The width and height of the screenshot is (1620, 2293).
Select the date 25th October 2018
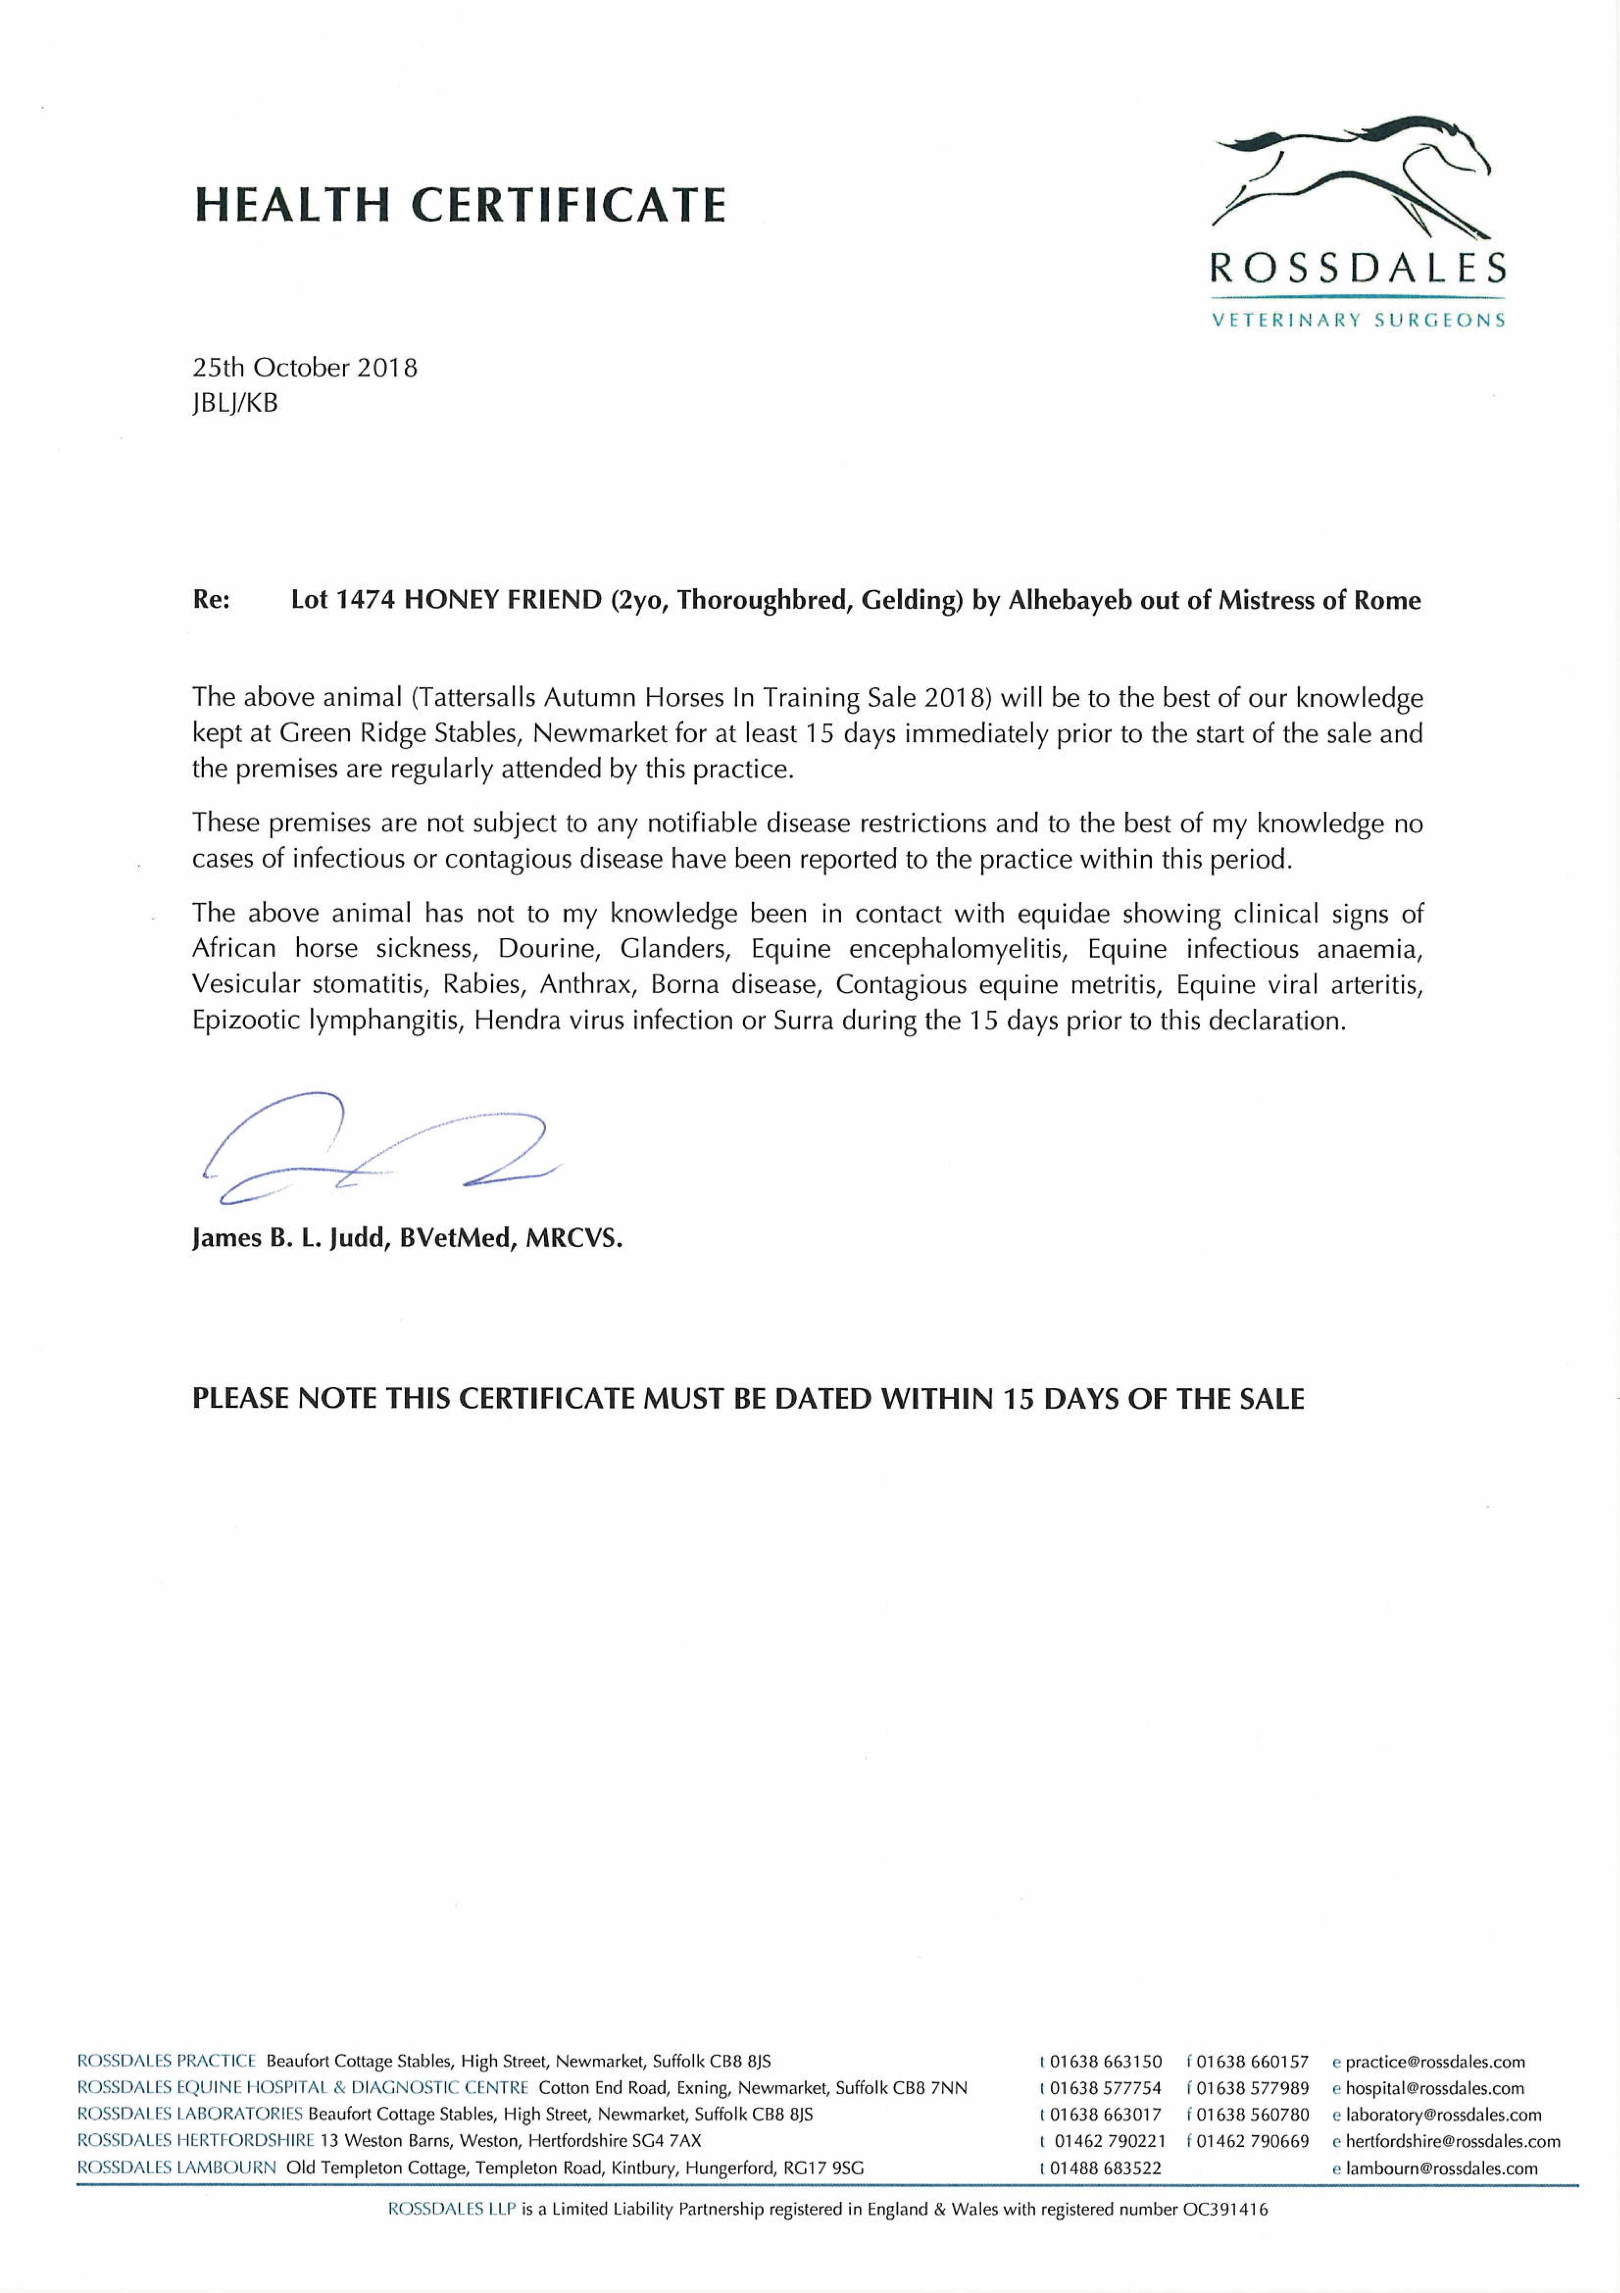point(304,367)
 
